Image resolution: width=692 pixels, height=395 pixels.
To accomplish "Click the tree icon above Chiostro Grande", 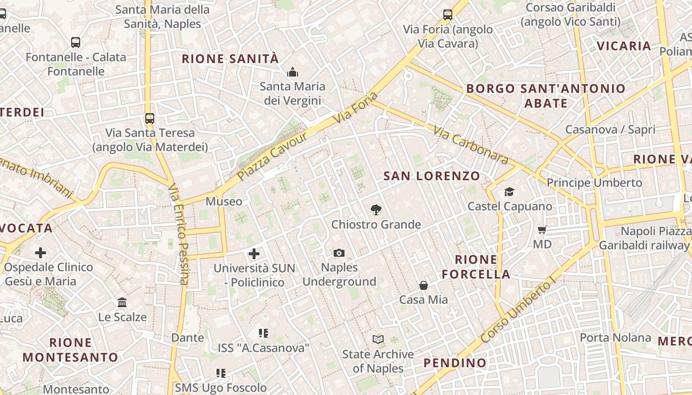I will click(x=376, y=210).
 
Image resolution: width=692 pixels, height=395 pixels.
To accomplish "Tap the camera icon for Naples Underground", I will click(x=339, y=253).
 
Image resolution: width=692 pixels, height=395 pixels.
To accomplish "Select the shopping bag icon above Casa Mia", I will click(x=424, y=285).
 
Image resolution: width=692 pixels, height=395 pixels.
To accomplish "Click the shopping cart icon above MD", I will click(x=542, y=230).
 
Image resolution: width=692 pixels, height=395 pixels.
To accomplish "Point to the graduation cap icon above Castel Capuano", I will click(x=509, y=192).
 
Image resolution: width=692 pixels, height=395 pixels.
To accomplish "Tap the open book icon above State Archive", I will click(x=378, y=339).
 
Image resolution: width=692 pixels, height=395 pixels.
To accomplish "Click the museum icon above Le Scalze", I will click(x=122, y=302).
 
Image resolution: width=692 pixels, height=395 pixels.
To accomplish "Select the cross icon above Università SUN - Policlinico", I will click(x=254, y=254).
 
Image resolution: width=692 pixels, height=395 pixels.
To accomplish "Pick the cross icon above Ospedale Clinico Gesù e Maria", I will click(x=41, y=253).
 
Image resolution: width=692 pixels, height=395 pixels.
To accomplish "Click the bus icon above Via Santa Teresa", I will click(x=150, y=118).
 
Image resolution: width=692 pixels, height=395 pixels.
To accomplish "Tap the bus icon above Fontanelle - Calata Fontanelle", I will click(x=76, y=42).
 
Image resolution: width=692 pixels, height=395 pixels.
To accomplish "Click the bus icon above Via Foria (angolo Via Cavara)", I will click(x=448, y=15).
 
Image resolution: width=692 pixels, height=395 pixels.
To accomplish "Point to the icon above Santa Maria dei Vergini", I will click(x=293, y=73).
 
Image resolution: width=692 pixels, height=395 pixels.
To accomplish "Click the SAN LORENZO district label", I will click(x=432, y=176).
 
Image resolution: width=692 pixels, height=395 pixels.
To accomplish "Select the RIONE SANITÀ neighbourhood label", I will click(x=230, y=59).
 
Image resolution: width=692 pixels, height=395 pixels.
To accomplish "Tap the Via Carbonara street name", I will click(x=471, y=145).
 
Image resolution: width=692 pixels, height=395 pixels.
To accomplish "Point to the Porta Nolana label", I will click(x=615, y=338).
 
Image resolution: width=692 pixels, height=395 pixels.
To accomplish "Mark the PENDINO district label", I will click(x=455, y=363).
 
